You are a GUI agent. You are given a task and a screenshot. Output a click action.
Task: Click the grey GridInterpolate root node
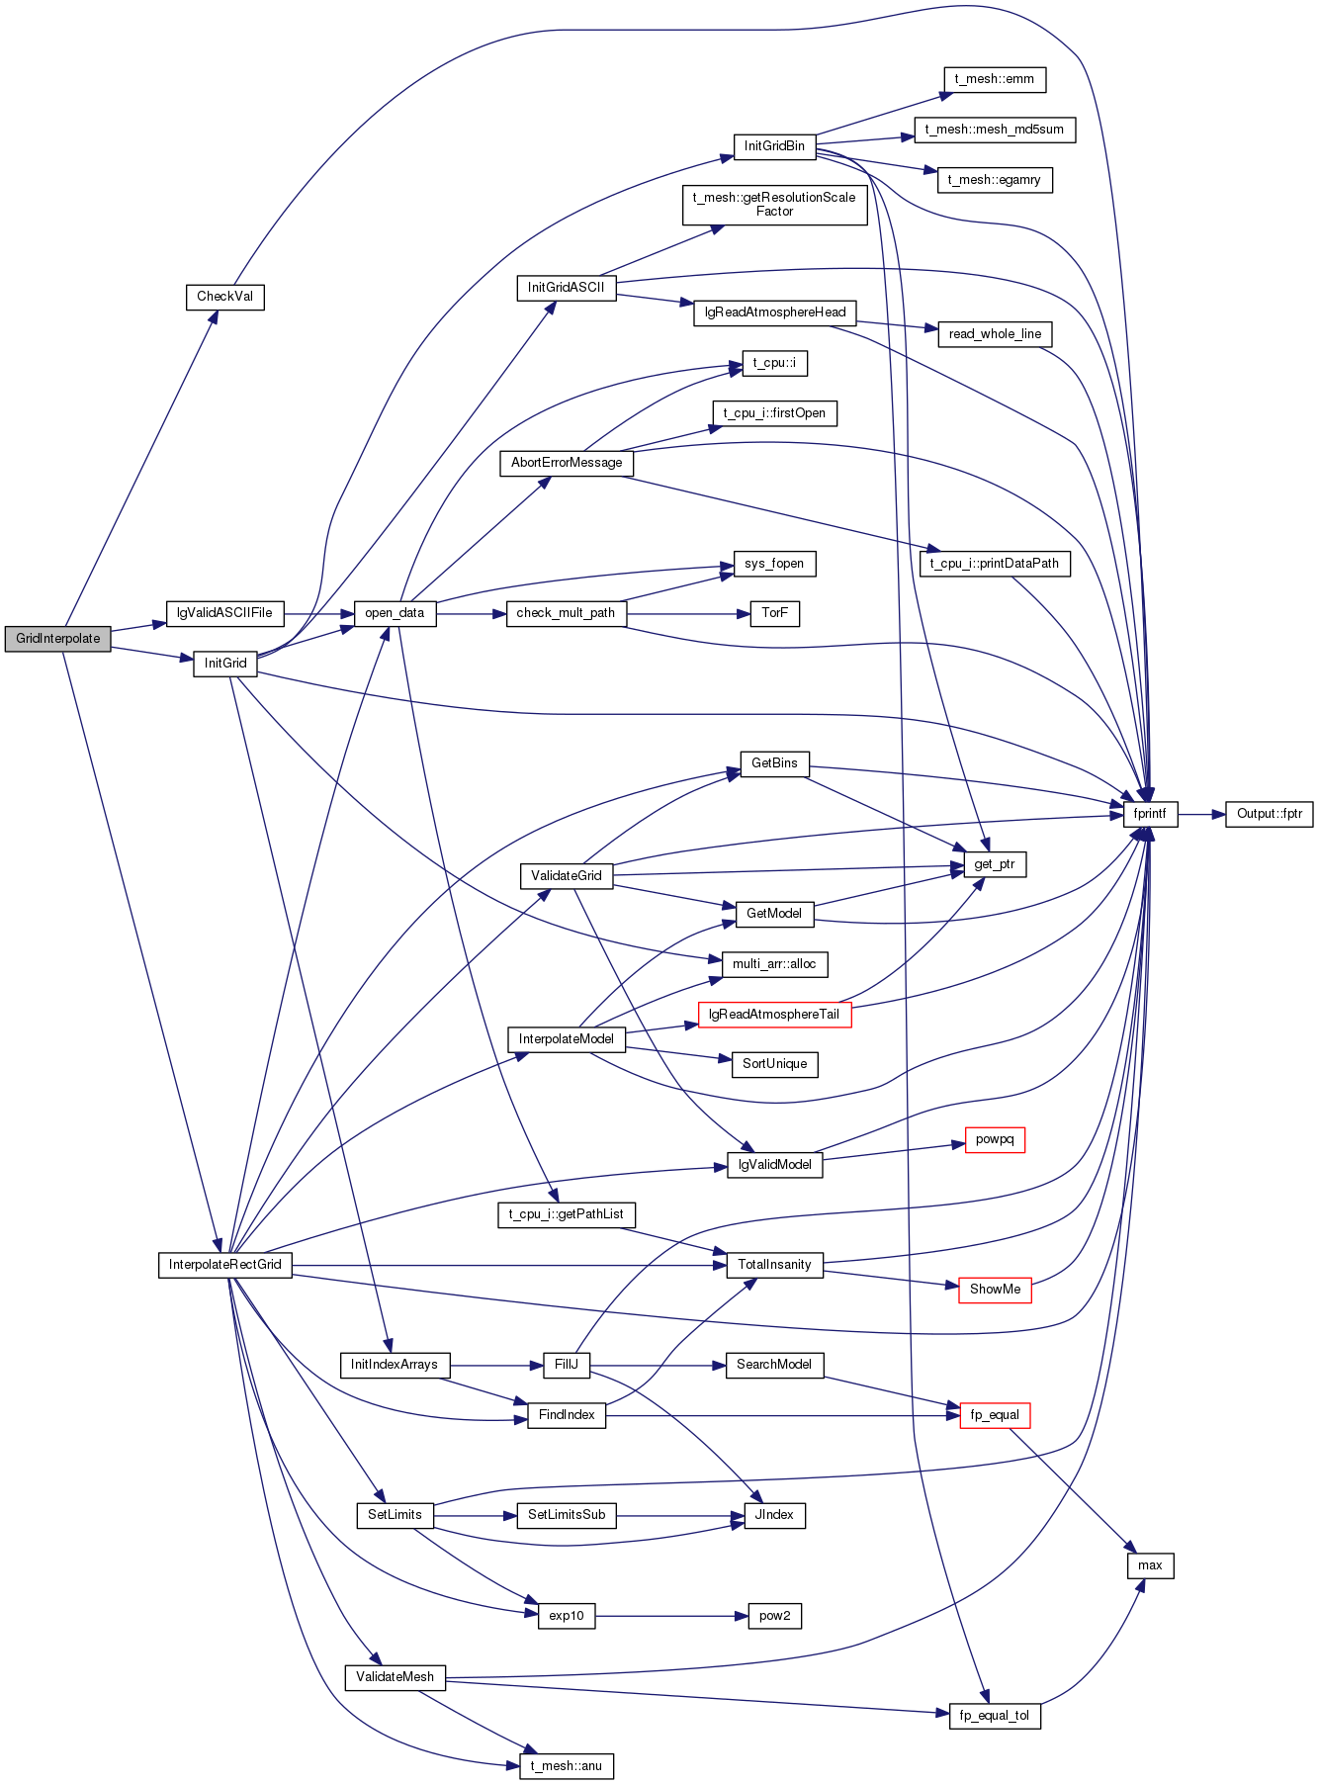click(x=57, y=639)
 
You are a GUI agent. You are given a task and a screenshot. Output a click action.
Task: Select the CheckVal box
click(x=225, y=297)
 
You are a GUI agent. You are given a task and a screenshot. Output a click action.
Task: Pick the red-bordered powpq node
click(x=995, y=1140)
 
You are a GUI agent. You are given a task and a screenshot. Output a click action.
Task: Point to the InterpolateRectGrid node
click(x=225, y=1265)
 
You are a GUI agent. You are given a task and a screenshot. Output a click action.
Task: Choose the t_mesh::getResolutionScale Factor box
click(x=775, y=205)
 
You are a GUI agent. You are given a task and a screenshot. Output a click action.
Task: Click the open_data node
click(x=395, y=613)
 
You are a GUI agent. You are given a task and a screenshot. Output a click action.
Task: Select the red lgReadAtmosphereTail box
click(x=775, y=1015)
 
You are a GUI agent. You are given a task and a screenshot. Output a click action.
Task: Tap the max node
click(x=1150, y=1565)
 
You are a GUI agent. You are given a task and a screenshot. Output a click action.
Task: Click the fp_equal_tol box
click(x=995, y=1716)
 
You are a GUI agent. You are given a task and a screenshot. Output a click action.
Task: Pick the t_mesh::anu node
click(x=567, y=1766)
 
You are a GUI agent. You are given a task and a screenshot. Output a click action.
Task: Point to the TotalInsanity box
click(x=775, y=1265)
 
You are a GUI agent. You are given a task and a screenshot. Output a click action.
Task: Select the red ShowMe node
click(x=995, y=1290)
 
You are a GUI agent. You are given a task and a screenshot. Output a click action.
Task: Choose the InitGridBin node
click(x=774, y=146)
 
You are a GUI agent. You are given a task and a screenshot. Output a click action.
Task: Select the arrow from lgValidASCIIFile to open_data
click(x=319, y=614)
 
